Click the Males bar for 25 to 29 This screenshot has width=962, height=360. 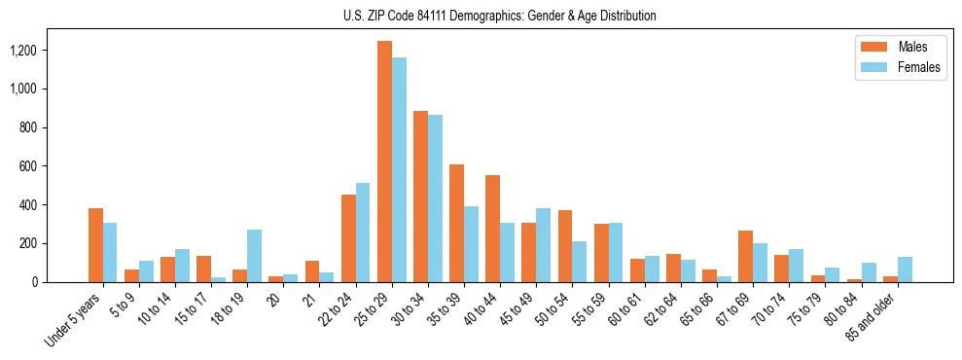point(384,162)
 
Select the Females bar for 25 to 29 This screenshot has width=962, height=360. point(399,170)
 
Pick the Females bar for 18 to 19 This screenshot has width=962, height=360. point(254,256)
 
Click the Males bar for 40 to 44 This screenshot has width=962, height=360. point(492,229)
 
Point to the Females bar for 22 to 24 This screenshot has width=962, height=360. point(363,233)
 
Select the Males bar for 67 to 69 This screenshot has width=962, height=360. point(745,257)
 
